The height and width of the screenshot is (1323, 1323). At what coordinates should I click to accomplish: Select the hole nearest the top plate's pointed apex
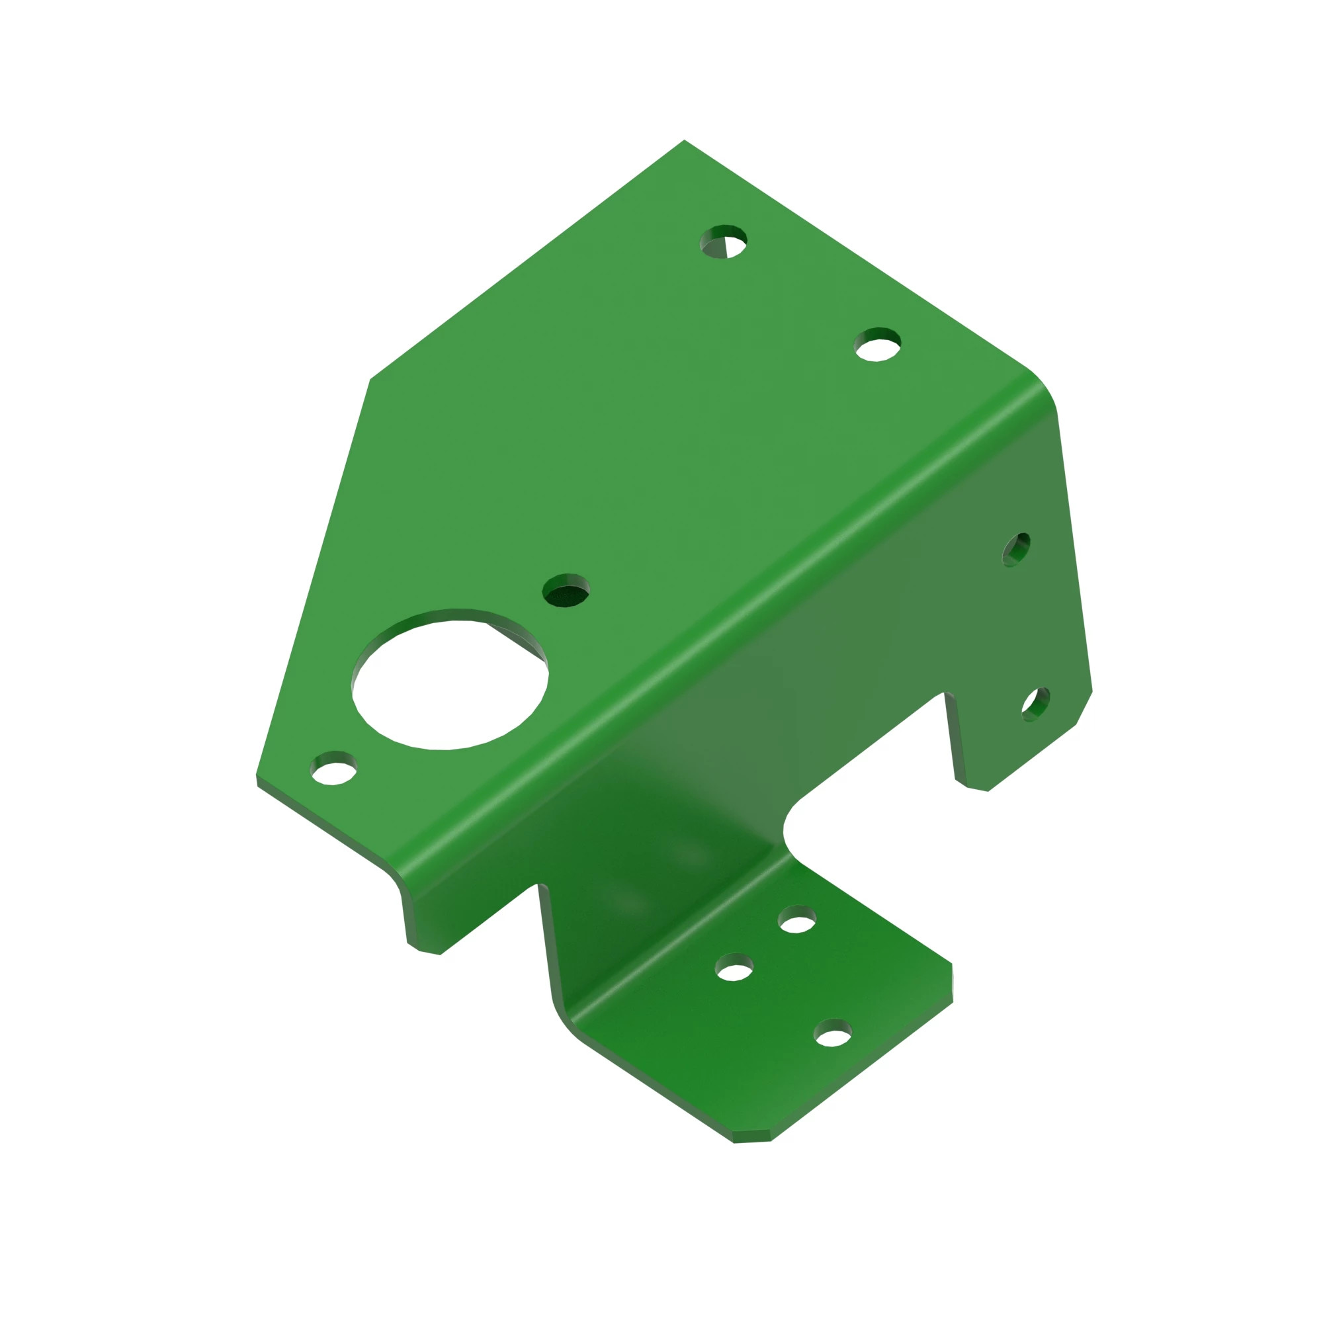(x=723, y=242)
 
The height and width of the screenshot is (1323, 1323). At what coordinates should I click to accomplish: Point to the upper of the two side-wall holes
(x=1015, y=550)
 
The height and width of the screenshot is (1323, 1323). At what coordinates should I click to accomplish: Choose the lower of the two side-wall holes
(x=1035, y=704)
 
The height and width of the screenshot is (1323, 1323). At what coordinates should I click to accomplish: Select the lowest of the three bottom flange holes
(x=833, y=1034)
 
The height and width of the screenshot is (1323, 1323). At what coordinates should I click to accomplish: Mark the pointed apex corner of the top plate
(x=683, y=141)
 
